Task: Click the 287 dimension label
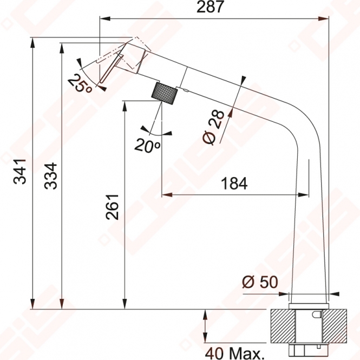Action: (210, 7)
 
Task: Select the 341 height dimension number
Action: (20, 171)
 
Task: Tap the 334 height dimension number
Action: (51, 176)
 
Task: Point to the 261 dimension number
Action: (112, 207)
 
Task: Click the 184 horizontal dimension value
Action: (234, 184)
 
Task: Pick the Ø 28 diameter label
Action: (213, 127)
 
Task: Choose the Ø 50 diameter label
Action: (260, 282)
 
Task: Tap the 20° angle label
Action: (147, 146)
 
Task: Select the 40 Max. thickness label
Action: (234, 354)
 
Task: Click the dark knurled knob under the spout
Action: (165, 93)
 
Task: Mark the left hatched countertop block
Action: (283, 326)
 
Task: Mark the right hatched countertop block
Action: (335, 326)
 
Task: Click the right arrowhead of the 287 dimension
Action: (324, 19)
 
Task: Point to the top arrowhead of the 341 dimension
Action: (33, 43)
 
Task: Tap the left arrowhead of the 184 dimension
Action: (167, 195)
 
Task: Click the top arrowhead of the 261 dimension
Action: (125, 106)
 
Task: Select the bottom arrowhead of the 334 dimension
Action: (62, 304)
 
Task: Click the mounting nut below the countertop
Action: (309, 351)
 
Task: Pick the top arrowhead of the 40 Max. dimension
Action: (206, 315)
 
